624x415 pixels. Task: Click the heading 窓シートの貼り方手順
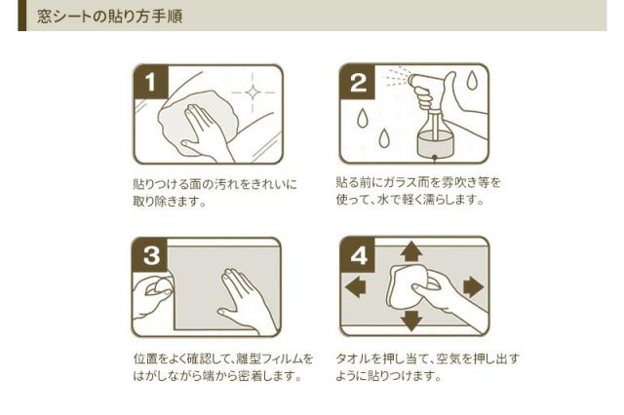[x=110, y=17]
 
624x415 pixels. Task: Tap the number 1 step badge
[x=151, y=82]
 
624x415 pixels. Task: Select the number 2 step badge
[x=358, y=82]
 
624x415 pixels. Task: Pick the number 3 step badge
[x=150, y=255]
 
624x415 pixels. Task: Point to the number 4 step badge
[x=358, y=255]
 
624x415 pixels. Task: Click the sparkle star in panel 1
[x=253, y=93]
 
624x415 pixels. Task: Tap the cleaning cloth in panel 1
[x=198, y=120]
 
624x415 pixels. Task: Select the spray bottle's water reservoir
[x=435, y=144]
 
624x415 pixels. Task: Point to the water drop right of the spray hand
[x=472, y=80]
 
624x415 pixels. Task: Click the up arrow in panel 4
[x=411, y=250]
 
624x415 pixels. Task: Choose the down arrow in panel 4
[x=411, y=321]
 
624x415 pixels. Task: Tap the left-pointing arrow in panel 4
[x=355, y=286]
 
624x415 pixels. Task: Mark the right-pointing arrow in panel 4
[x=473, y=286]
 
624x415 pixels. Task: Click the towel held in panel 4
[x=406, y=287]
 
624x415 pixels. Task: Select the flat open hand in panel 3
[x=243, y=300]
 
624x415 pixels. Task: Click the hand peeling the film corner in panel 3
[x=153, y=296]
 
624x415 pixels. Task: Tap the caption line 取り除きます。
[x=170, y=202]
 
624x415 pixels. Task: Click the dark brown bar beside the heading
[x=21, y=16]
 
